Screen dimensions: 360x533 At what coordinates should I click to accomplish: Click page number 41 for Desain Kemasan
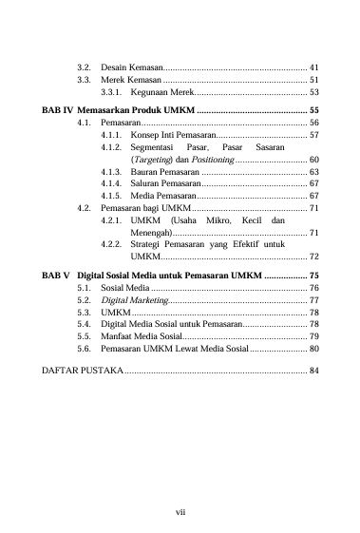tap(314, 68)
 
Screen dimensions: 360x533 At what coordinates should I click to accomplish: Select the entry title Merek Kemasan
tap(132, 81)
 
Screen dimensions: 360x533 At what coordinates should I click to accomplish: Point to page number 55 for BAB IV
tap(314, 111)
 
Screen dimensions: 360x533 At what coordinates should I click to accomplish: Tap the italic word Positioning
tap(207, 160)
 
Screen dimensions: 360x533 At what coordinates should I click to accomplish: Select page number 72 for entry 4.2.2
tap(314, 257)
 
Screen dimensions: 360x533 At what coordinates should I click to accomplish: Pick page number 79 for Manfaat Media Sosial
tap(314, 336)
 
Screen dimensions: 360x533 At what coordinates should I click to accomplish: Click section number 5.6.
tap(84, 349)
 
